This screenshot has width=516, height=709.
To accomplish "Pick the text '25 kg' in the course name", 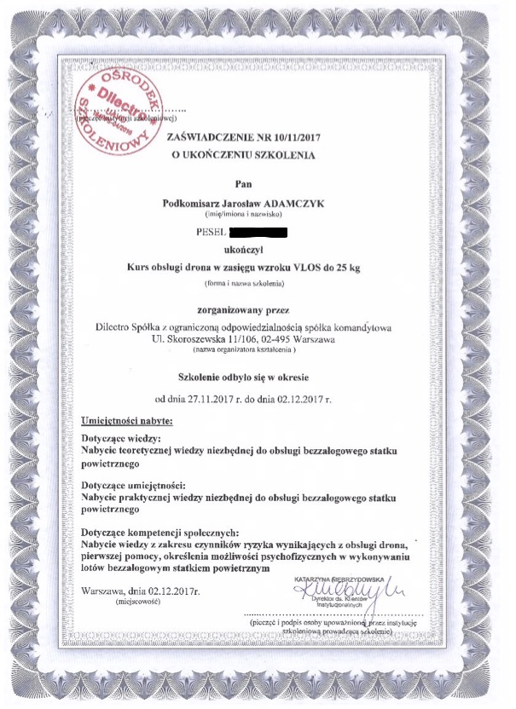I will coord(348,268).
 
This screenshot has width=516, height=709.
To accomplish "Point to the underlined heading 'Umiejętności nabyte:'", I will coord(126,420).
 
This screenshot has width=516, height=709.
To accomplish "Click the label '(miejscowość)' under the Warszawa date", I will coord(136,601).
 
